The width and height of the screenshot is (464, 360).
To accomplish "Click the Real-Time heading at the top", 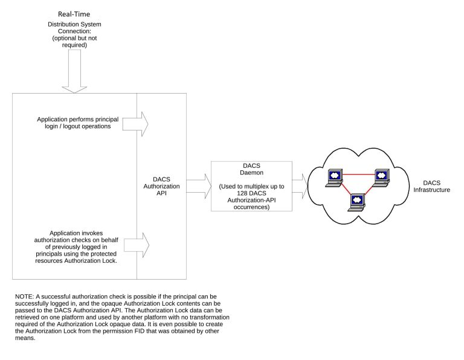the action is pos(74,14).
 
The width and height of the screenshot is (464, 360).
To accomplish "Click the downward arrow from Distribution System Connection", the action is pos(74,71).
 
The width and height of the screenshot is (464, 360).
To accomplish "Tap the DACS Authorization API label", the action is pos(161,186).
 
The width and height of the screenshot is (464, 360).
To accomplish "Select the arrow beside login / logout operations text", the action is pos(135,124).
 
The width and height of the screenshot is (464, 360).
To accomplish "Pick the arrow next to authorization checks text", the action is pos(137,245).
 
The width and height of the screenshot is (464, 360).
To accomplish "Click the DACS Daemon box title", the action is pos(251,169).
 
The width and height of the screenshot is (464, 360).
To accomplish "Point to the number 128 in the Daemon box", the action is pos(242,193).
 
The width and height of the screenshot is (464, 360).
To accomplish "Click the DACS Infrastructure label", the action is pos(431,187).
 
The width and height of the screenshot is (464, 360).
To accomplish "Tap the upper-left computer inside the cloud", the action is pos(334,178).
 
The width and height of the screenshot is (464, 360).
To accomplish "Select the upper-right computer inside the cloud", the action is pos(381,178).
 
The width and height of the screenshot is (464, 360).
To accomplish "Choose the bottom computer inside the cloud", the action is pos(356,202).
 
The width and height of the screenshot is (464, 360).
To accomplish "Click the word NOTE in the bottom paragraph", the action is pos(24,297).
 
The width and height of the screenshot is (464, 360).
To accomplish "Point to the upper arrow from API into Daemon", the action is pos(199,180).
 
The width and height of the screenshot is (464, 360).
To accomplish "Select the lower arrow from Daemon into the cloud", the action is pos(300,193).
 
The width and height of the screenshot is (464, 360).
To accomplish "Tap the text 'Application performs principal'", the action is pos(77,119).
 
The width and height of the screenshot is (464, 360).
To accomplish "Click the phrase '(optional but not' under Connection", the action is pos(74,38).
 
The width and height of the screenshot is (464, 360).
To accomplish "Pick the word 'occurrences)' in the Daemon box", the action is pos(251,207).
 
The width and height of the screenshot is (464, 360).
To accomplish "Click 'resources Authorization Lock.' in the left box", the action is pos(76,260).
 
